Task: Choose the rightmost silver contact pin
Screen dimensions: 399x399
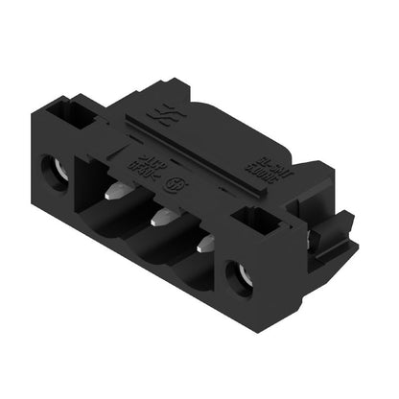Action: pos(204,244)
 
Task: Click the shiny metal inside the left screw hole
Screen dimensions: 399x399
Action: pos(57,177)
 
